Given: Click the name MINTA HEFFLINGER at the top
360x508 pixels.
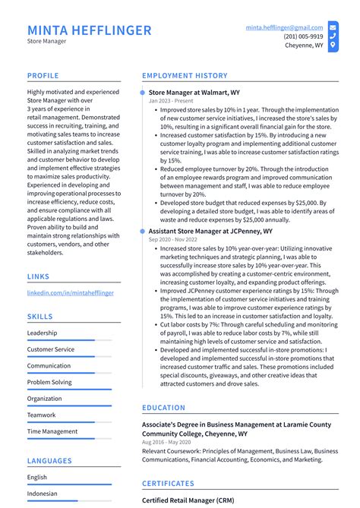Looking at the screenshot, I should point(89,30).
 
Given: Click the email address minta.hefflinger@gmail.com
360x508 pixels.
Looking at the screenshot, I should point(284,27).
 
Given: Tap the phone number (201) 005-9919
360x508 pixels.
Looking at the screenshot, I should point(303,36).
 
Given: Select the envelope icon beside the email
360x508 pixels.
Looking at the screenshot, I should point(333,27).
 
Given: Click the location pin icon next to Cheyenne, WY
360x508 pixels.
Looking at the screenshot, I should point(333,46).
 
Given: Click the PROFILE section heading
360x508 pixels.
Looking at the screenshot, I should point(43,76).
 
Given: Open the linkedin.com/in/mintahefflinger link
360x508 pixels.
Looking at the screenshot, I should point(70,292).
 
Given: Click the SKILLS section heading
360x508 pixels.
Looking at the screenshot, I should point(40,317).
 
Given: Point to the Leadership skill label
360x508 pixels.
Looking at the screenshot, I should point(42,333).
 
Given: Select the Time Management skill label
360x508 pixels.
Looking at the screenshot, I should point(52,431).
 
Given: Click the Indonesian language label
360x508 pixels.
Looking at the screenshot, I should point(43,494).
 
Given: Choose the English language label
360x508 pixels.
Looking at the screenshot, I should point(37,477).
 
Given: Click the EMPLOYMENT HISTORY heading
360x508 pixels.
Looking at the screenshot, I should point(185,76).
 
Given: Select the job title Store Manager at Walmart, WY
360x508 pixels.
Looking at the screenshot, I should point(194,92).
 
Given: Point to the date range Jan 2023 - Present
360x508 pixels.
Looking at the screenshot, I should point(172,100).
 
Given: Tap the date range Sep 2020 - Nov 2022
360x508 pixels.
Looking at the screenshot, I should point(176,238).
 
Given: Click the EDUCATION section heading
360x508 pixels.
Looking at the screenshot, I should point(163,408).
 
